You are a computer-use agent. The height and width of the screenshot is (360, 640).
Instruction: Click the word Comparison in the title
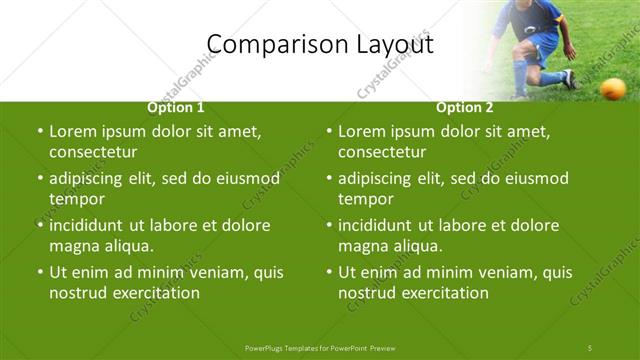[269, 45]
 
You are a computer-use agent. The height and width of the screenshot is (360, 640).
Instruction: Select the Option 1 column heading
[176, 108]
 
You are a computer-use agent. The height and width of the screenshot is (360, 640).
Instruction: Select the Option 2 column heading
[465, 108]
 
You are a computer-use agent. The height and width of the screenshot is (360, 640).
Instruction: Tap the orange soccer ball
[612, 90]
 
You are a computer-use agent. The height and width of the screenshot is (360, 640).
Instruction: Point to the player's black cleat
[568, 79]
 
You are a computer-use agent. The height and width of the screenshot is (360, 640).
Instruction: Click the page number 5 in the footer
[590, 347]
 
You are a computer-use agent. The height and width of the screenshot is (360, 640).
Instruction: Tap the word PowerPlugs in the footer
[266, 347]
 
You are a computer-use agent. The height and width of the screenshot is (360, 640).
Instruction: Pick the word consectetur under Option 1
[93, 153]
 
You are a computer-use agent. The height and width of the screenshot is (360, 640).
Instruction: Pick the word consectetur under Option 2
[382, 153]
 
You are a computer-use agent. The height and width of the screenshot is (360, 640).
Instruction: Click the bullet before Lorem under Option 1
[39, 132]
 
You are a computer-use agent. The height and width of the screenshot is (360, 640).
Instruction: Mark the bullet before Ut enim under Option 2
[328, 273]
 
